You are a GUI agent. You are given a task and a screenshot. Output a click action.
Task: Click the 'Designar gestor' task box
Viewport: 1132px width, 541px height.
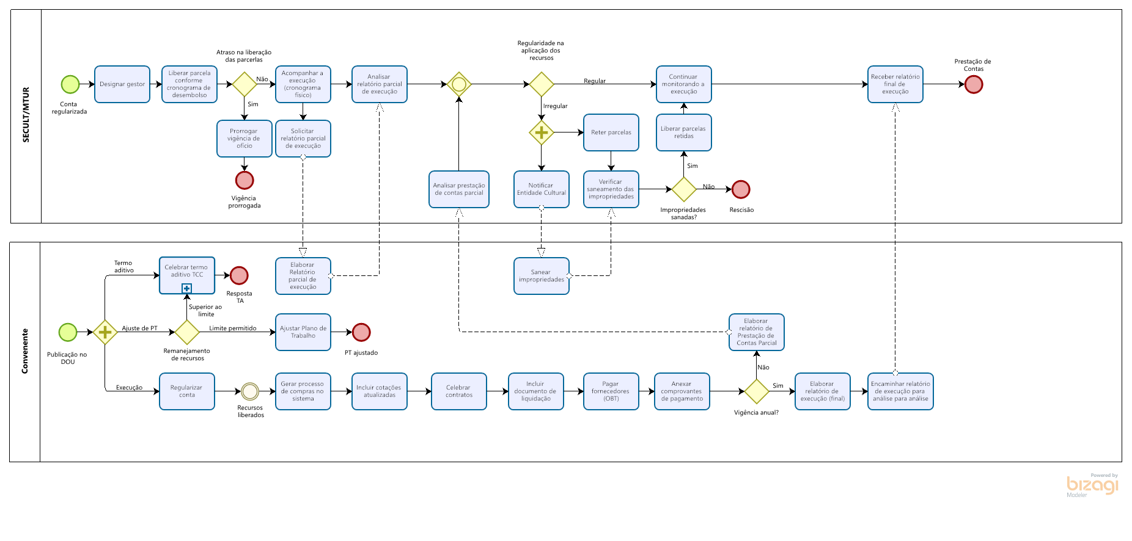(x=122, y=84)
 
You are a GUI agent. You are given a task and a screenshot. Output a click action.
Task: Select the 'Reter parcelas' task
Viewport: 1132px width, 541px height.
(x=611, y=133)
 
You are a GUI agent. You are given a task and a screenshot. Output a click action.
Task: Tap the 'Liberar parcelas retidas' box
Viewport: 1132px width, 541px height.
(x=683, y=133)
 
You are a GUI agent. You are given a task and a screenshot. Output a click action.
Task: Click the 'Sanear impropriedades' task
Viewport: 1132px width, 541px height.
(x=541, y=276)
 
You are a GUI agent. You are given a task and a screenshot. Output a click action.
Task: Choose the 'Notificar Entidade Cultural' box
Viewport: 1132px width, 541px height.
(x=541, y=189)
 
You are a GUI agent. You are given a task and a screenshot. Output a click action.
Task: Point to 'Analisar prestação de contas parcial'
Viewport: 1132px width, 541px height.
(x=459, y=189)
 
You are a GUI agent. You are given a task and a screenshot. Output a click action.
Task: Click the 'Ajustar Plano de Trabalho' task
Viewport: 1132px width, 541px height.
(x=303, y=332)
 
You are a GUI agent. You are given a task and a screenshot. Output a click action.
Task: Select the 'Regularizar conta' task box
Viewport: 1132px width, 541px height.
(x=187, y=391)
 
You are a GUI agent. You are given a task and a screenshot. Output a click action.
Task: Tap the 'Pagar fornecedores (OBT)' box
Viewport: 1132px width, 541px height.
(x=611, y=391)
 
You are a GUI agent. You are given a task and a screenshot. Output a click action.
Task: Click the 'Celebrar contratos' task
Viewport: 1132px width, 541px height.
(x=459, y=391)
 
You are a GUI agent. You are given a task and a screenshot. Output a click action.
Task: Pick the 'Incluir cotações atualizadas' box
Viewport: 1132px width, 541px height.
(x=379, y=391)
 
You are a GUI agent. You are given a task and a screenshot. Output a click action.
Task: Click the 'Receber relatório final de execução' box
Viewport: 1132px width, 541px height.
(x=895, y=84)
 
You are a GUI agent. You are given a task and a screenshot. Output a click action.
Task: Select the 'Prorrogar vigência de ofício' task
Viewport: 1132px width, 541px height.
(x=244, y=139)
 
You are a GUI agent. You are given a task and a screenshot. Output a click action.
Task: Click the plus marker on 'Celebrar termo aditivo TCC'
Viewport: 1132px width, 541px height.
(x=187, y=288)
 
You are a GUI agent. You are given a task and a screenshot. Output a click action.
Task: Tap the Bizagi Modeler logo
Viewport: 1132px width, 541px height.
(x=1092, y=485)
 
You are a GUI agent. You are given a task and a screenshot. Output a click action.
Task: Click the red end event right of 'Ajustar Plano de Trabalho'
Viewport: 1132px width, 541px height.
(x=361, y=332)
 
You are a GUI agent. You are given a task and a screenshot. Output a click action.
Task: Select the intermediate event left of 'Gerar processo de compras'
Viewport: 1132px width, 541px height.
(x=250, y=391)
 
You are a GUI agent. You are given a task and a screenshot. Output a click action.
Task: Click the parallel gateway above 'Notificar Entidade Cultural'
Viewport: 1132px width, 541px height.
(x=542, y=133)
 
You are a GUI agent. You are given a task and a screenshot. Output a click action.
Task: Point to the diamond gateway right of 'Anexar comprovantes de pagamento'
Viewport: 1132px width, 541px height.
(x=757, y=391)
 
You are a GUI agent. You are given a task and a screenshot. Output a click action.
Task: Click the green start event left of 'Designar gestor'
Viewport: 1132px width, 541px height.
(x=70, y=84)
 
